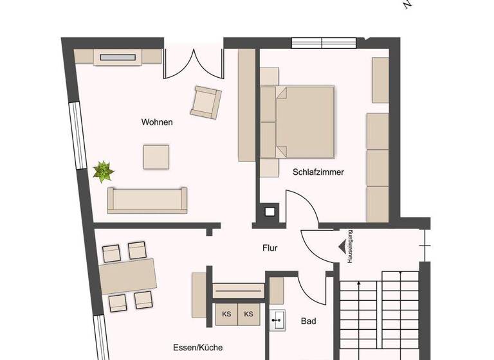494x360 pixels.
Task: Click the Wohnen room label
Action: pyautogui.click(x=157, y=122)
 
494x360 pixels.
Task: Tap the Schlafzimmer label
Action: pyautogui.click(x=318, y=172)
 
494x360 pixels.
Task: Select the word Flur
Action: pyautogui.click(x=270, y=248)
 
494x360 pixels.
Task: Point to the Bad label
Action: pyautogui.click(x=308, y=321)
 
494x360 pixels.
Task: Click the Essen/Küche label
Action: pyautogui.click(x=198, y=347)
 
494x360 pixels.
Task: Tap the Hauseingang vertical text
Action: pyautogui.click(x=350, y=246)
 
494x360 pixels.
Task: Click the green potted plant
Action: pyautogui.click(x=103, y=172)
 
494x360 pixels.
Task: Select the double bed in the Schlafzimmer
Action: pyautogui.click(x=298, y=122)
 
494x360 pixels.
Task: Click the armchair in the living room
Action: pyautogui.click(x=206, y=102)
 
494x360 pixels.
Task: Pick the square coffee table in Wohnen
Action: pyautogui.click(x=156, y=156)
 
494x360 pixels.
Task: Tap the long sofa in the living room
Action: pyautogui.click(x=147, y=201)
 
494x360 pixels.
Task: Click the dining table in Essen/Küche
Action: pyautogui.click(x=129, y=276)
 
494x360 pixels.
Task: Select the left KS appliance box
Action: pyautogui.click(x=226, y=314)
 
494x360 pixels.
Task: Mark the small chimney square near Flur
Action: pyautogui.click(x=270, y=212)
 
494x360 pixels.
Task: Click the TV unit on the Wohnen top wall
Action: pyautogui.click(x=119, y=57)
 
